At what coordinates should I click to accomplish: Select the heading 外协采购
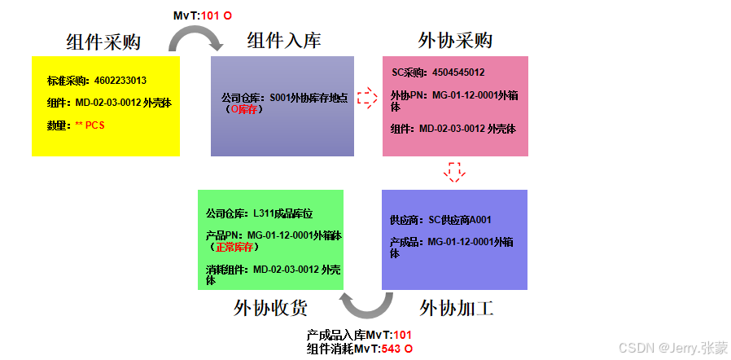pos(455,41)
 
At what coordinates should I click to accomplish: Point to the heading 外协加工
pos(457,309)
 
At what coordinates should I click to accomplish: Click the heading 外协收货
pos(270,308)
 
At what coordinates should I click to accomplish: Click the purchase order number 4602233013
pos(120,81)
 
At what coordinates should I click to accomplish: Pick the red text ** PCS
pos(90,125)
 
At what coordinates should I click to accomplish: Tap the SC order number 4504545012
pos(458,72)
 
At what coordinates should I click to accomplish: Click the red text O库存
pos(246,108)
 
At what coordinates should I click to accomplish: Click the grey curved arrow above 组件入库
pos(195,38)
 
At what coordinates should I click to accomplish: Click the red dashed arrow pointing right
pos(368,98)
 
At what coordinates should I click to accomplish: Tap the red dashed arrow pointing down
pos(455,172)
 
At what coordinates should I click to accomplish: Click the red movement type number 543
pos(391,349)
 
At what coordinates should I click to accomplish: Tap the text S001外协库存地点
pos(309,98)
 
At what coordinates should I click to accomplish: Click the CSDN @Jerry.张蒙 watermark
pos(673,348)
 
